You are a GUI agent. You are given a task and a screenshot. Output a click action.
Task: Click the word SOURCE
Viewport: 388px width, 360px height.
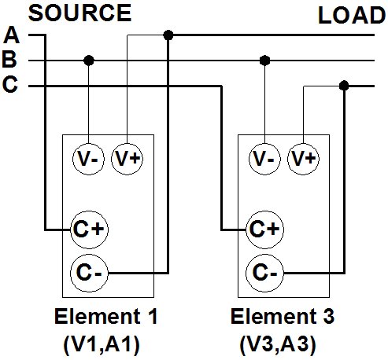[79, 13]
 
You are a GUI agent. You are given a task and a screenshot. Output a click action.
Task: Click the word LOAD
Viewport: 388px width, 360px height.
[352, 16]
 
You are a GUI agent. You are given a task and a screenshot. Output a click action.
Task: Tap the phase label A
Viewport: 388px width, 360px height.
[12, 35]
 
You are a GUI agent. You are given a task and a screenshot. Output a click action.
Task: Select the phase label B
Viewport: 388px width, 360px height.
[9, 60]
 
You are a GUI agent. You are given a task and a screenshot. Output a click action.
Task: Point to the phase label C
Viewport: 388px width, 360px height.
[10, 84]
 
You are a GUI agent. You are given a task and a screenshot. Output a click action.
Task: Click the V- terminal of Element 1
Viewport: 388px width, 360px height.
[88, 159]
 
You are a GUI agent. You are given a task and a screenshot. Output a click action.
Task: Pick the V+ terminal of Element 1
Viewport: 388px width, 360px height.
[127, 159]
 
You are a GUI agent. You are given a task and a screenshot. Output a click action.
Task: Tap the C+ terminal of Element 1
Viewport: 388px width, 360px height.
[89, 230]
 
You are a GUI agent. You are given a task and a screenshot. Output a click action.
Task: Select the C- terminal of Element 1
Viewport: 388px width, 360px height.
[89, 273]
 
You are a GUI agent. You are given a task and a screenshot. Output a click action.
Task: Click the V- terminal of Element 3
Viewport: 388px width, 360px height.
[264, 159]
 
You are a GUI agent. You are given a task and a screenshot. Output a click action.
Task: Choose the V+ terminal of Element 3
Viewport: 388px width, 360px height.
[304, 159]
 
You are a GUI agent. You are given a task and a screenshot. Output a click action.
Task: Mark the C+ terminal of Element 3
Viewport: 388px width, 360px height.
[265, 230]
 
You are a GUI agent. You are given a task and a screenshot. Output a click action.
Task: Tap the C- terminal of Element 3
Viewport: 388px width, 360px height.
[265, 273]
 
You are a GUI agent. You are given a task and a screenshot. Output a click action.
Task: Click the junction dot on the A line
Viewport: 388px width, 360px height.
[168, 35]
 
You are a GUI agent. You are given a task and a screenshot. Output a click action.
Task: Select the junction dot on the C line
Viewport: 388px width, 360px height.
[344, 86]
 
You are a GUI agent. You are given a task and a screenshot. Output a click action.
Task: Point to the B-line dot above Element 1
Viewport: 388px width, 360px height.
[89, 61]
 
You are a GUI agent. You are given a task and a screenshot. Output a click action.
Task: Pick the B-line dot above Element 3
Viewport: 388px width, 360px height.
[264, 61]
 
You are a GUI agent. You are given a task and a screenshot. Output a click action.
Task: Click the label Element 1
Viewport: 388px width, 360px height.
[106, 317]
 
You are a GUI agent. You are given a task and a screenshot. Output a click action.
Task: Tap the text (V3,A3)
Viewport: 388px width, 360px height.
[278, 343]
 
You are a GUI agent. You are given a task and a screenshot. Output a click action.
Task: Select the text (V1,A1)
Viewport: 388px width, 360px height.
[102, 343]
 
